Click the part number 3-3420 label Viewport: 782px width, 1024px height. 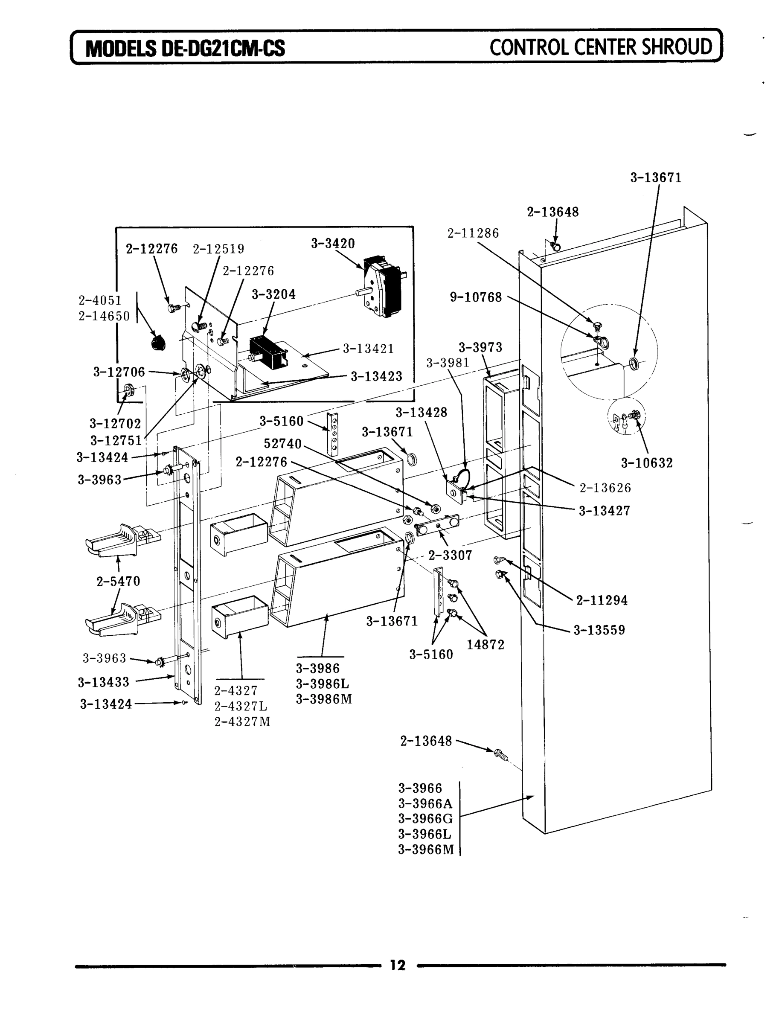click(x=333, y=244)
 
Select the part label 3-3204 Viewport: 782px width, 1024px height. click(x=274, y=294)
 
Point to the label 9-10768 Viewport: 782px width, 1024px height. click(x=476, y=297)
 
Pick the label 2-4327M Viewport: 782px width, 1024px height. click(x=242, y=721)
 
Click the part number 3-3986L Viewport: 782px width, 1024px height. click(x=323, y=684)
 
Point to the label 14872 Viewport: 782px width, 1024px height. click(x=485, y=645)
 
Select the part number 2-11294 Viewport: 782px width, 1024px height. click(x=602, y=600)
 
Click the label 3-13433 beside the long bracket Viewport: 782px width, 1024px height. click(x=103, y=682)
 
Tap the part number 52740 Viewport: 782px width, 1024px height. click(x=282, y=444)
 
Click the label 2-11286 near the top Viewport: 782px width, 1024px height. click(x=473, y=233)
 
